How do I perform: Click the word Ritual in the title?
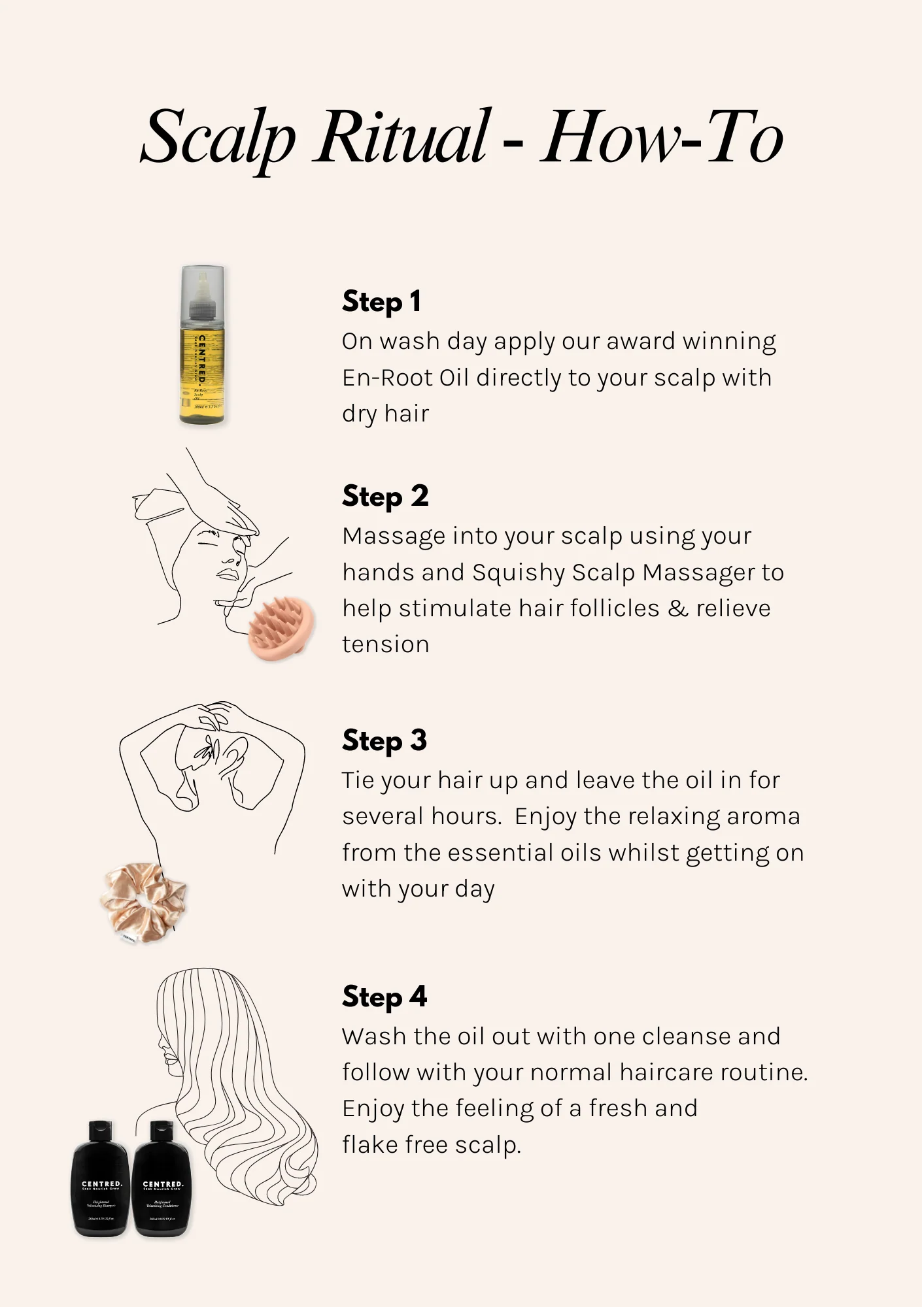[400, 137]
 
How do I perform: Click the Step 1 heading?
[382, 301]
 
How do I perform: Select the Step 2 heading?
[385, 496]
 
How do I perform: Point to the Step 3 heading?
[384, 740]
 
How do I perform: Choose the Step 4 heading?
[384, 997]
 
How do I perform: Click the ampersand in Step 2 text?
[678, 608]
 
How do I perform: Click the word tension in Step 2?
[386, 644]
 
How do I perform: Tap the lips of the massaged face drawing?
[228, 574]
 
